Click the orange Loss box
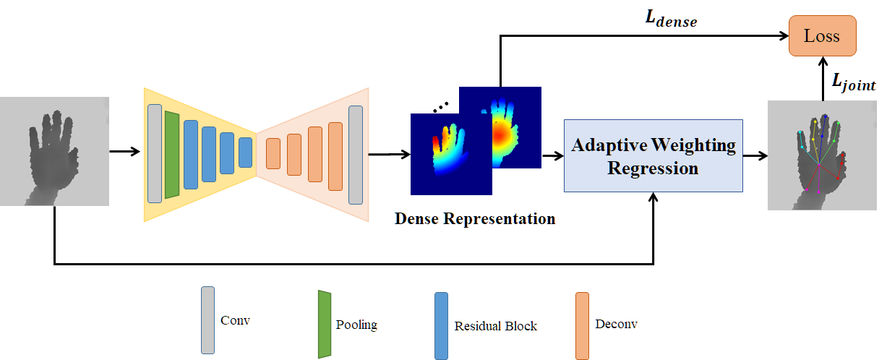click(x=823, y=35)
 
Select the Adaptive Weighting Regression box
click(x=654, y=155)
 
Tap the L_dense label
click(x=671, y=19)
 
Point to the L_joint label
click(x=853, y=82)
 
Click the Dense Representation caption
click(x=475, y=218)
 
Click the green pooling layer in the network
click(x=172, y=155)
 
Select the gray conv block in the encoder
click(x=155, y=154)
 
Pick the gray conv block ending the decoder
click(x=356, y=155)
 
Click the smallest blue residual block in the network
click(x=246, y=153)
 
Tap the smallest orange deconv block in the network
click(x=273, y=154)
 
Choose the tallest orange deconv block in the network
click(x=335, y=156)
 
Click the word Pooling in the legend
click(x=356, y=325)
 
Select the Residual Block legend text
click(x=495, y=326)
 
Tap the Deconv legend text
click(x=616, y=324)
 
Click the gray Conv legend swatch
click(x=208, y=320)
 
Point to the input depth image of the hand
click(x=54, y=151)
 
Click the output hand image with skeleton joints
click(x=822, y=155)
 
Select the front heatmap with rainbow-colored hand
click(x=451, y=154)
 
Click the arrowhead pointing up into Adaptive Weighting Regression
click(x=654, y=197)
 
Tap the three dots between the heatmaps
click(x=441, y=107)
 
